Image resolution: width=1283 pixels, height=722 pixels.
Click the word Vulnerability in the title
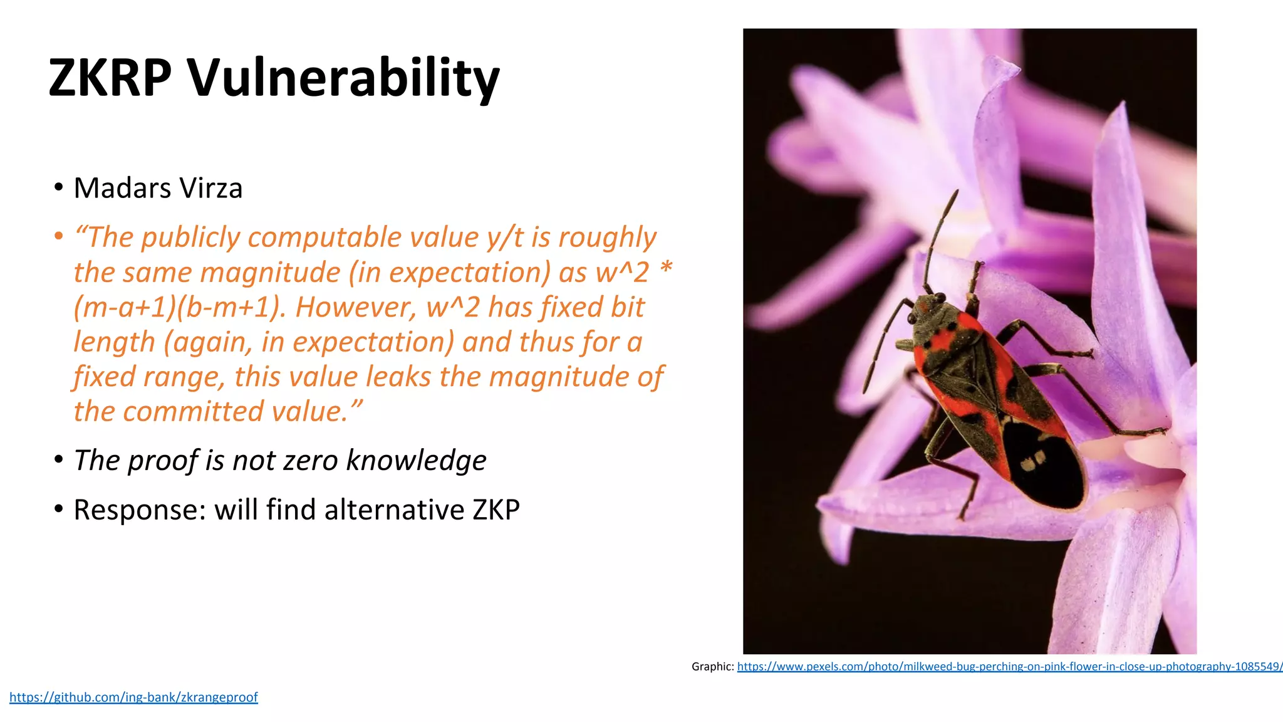(x=343, y=78)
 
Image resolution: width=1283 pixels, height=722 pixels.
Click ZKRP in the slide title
(x=110, y=78)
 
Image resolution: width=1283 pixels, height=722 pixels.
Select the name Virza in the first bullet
(x=210, y=188)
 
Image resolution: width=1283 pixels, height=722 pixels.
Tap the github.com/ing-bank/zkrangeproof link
(x=133, y=697)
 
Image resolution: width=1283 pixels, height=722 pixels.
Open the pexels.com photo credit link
(x=1009, y=666)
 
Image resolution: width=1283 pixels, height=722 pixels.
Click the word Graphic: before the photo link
(x=712, y=666)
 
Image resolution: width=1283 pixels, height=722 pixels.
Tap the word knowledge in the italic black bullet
(x=416, y=460)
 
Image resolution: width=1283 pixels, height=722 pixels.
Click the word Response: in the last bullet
(x=140, y=510)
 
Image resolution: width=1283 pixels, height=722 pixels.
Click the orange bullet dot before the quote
(x=58, y=236)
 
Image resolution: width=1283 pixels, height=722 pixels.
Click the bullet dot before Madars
(x=58, y=187)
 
